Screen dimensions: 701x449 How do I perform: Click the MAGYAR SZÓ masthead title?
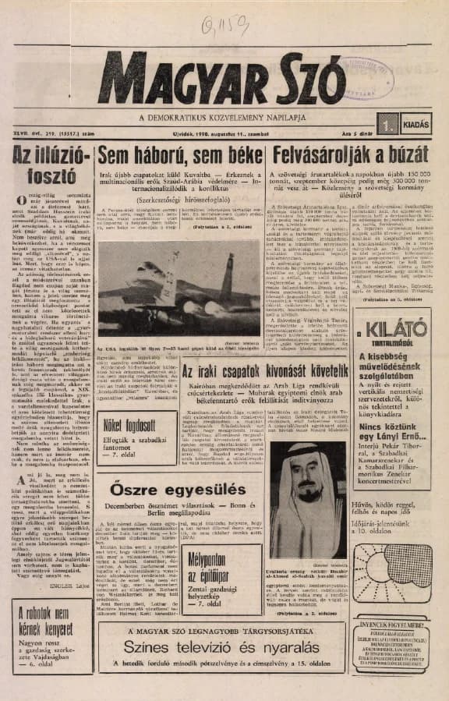click(x=221, y=80)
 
